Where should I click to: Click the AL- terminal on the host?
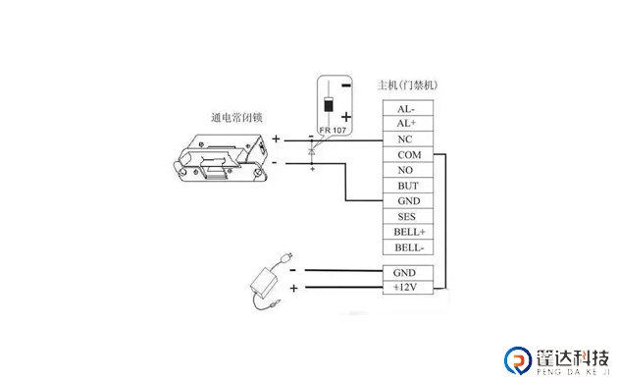coord(405,109)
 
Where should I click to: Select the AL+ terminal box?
coord(405,124)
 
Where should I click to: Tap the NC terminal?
coord(405,139)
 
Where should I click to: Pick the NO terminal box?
coord(405,170)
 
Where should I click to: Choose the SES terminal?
coord(405,216)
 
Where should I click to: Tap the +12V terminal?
coord(405,287)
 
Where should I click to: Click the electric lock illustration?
coord(220,158)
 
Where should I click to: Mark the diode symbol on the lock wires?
coord(312,151)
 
